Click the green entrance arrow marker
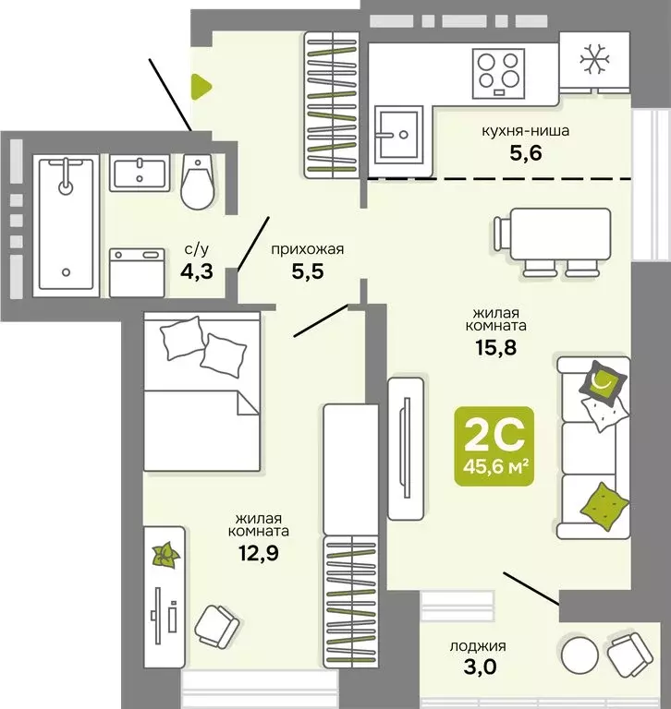(201, 87)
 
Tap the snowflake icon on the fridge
(594, 59)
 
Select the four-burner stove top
(498, 74)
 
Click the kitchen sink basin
(398, 134)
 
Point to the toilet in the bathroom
(198, 182)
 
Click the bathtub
(67, 224)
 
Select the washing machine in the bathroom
(137, 272)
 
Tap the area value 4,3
(197, 271)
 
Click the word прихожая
(308, 249)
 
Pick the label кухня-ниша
(525, 131)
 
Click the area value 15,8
(495, 348)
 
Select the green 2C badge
(494, 446)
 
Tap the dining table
(559, 234)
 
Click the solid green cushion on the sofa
(604, 507)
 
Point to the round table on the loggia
(579, 655)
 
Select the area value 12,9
(259, 553)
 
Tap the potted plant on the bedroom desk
(166, 555)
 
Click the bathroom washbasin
(140, 174)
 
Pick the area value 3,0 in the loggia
(480, 667)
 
